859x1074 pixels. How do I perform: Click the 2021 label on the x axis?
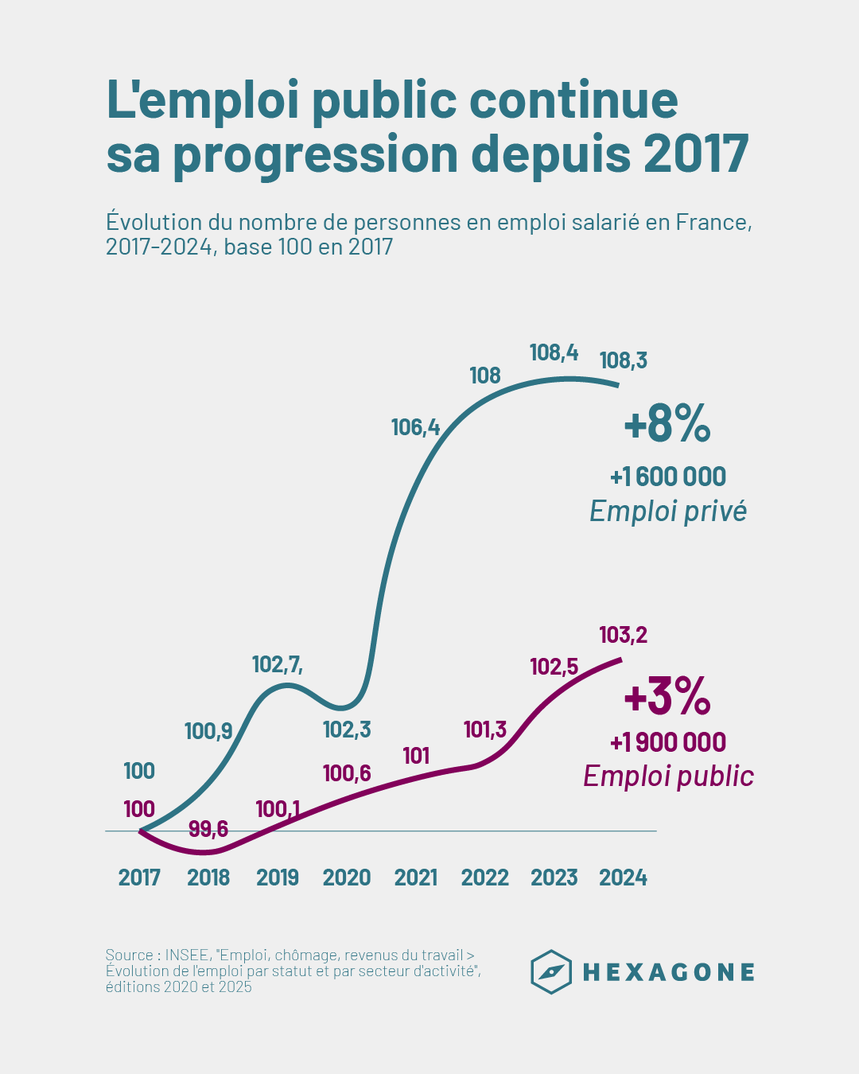[x=416, y=877]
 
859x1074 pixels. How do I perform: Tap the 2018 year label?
[x=208, y=877]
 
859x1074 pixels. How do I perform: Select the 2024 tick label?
[x=623, y=877]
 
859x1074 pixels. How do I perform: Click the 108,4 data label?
[x=554, y=352]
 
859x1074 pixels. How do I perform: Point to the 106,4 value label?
[x=415, y=427]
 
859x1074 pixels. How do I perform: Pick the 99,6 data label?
[x=208, y=829]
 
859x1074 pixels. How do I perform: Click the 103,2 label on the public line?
[x=623, y=635]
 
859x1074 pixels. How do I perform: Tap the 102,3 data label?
[x=347, y=730]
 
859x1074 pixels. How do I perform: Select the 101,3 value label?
[x=485, y=729]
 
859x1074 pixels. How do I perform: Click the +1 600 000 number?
[x=668, y=477]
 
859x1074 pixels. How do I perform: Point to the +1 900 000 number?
[x=668, y=742]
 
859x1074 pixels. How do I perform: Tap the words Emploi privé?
[x=668, y=511]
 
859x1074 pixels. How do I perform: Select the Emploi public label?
[x=668, y=776]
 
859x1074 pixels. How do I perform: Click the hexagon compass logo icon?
[x=551, y=971]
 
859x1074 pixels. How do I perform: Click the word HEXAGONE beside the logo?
[x=668, y=972]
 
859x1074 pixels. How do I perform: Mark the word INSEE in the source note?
[x=187, y=955]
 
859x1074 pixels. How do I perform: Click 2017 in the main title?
[x=696, y=154]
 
